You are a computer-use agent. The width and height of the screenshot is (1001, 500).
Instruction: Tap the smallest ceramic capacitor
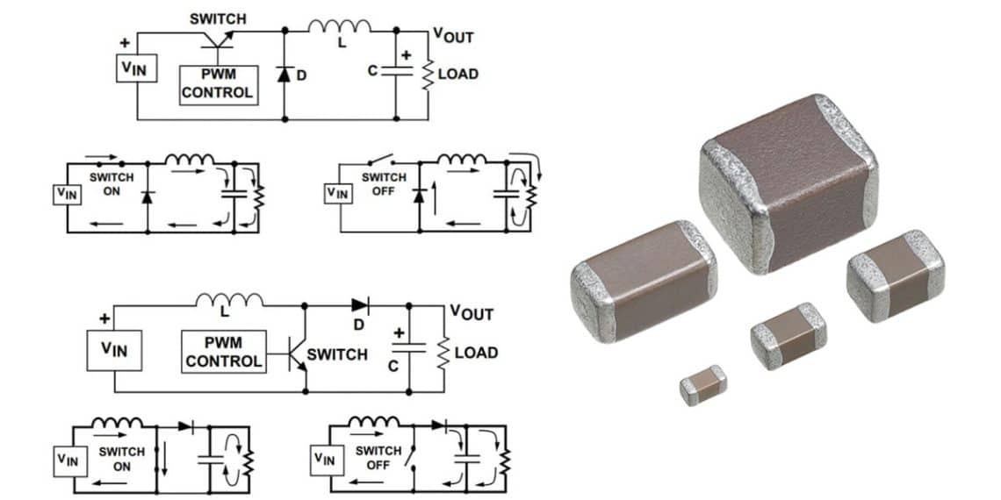[x=702, y=385]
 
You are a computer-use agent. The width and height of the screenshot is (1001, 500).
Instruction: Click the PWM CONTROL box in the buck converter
[x=218, y=85]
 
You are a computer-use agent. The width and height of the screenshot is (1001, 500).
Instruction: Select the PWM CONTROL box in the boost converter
[x=223, y=353]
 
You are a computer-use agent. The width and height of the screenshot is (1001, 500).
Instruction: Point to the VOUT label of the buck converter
[x=453, y=36]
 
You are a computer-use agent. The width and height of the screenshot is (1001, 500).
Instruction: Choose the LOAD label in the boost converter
[x=476, y=353]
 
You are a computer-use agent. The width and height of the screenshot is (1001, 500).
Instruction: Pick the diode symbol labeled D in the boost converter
[x=360, y=305]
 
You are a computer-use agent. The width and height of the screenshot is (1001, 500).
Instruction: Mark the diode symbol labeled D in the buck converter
[x=284, y=75]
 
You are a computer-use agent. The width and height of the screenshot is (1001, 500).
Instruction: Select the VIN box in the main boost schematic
[x=114, y=349]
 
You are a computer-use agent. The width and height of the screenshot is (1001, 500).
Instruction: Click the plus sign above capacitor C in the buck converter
[x=406, y=54]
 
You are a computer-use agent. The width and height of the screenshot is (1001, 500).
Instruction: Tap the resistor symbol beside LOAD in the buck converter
[x=428, y=74]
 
